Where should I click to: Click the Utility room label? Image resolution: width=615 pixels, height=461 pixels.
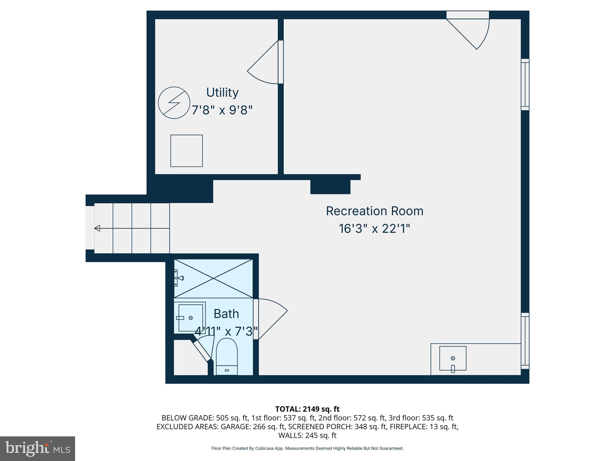[222, 92]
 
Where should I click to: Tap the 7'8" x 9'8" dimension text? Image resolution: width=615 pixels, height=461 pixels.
[222, 110]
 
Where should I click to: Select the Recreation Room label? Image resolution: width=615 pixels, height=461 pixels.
[374, 211]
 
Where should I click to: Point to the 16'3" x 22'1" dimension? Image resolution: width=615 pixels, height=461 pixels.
[374, 229]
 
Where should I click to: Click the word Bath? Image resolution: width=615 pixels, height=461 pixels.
[226, 314]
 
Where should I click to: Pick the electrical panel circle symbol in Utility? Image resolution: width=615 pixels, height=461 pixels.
[174, 103]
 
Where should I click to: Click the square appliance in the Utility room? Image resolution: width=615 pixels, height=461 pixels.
[186, 151]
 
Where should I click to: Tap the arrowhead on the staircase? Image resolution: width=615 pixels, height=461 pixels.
[97, 228]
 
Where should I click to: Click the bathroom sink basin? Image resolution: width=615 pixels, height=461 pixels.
[190, 318]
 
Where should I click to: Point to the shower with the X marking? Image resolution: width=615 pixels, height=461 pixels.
[213, 279]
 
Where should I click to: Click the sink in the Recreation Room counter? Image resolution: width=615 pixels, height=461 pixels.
[453, 358]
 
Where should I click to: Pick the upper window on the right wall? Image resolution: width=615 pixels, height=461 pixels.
[525, 84]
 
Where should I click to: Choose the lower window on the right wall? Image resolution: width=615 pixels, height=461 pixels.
[525, 341]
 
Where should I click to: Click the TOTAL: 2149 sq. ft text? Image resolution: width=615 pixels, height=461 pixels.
[307, 409]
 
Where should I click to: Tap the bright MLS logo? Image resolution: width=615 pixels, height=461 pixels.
[37, 448]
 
